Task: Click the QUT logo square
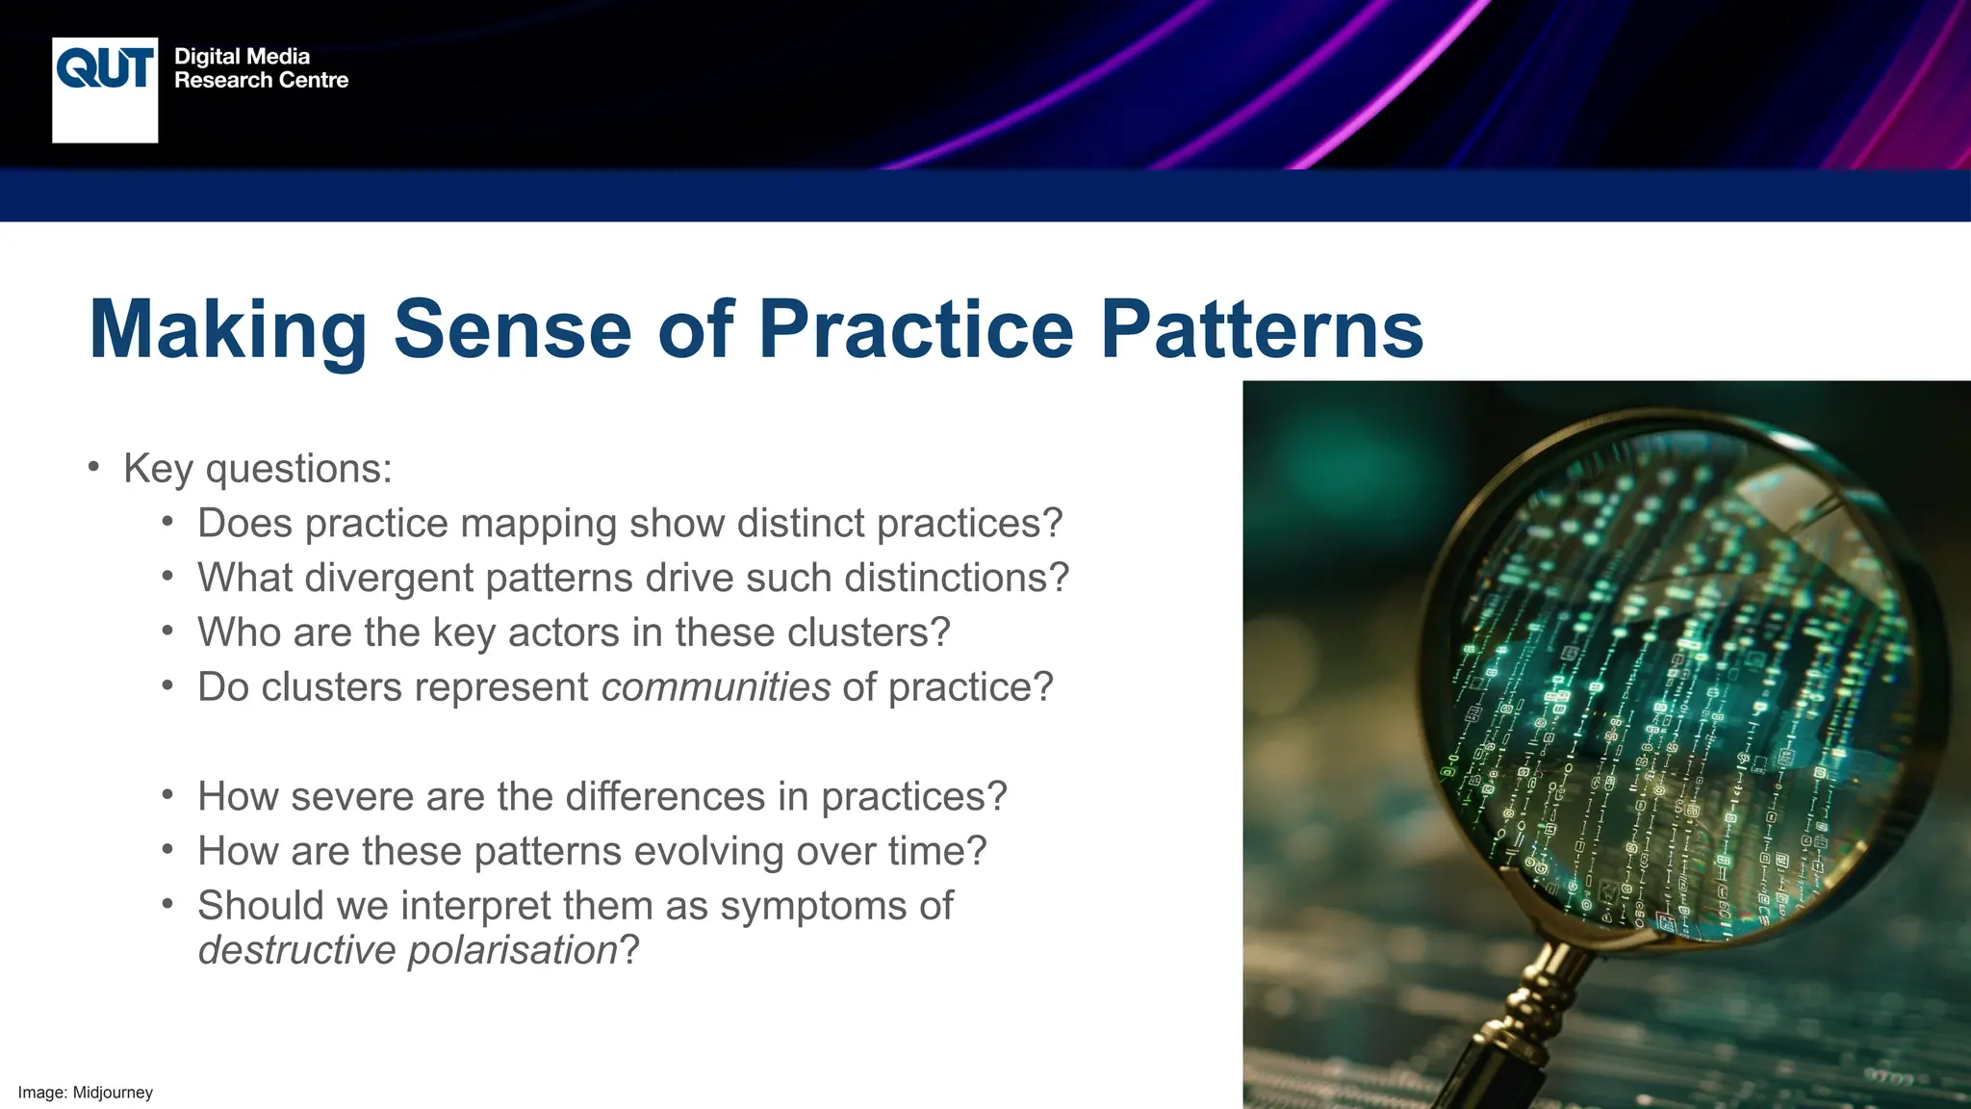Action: pos(105,90)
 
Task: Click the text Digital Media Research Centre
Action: pos(261,68)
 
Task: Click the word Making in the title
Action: pos(228,329)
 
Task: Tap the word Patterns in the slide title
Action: pos(1262,329)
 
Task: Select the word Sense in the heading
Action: pos(512,329)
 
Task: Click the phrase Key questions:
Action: pos(258,469)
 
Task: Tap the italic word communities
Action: pos(715,687)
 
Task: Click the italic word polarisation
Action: pos(512,950)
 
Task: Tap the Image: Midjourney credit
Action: pos(86,1093)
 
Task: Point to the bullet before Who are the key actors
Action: pos(167,632)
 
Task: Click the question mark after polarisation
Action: pos(629,950)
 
